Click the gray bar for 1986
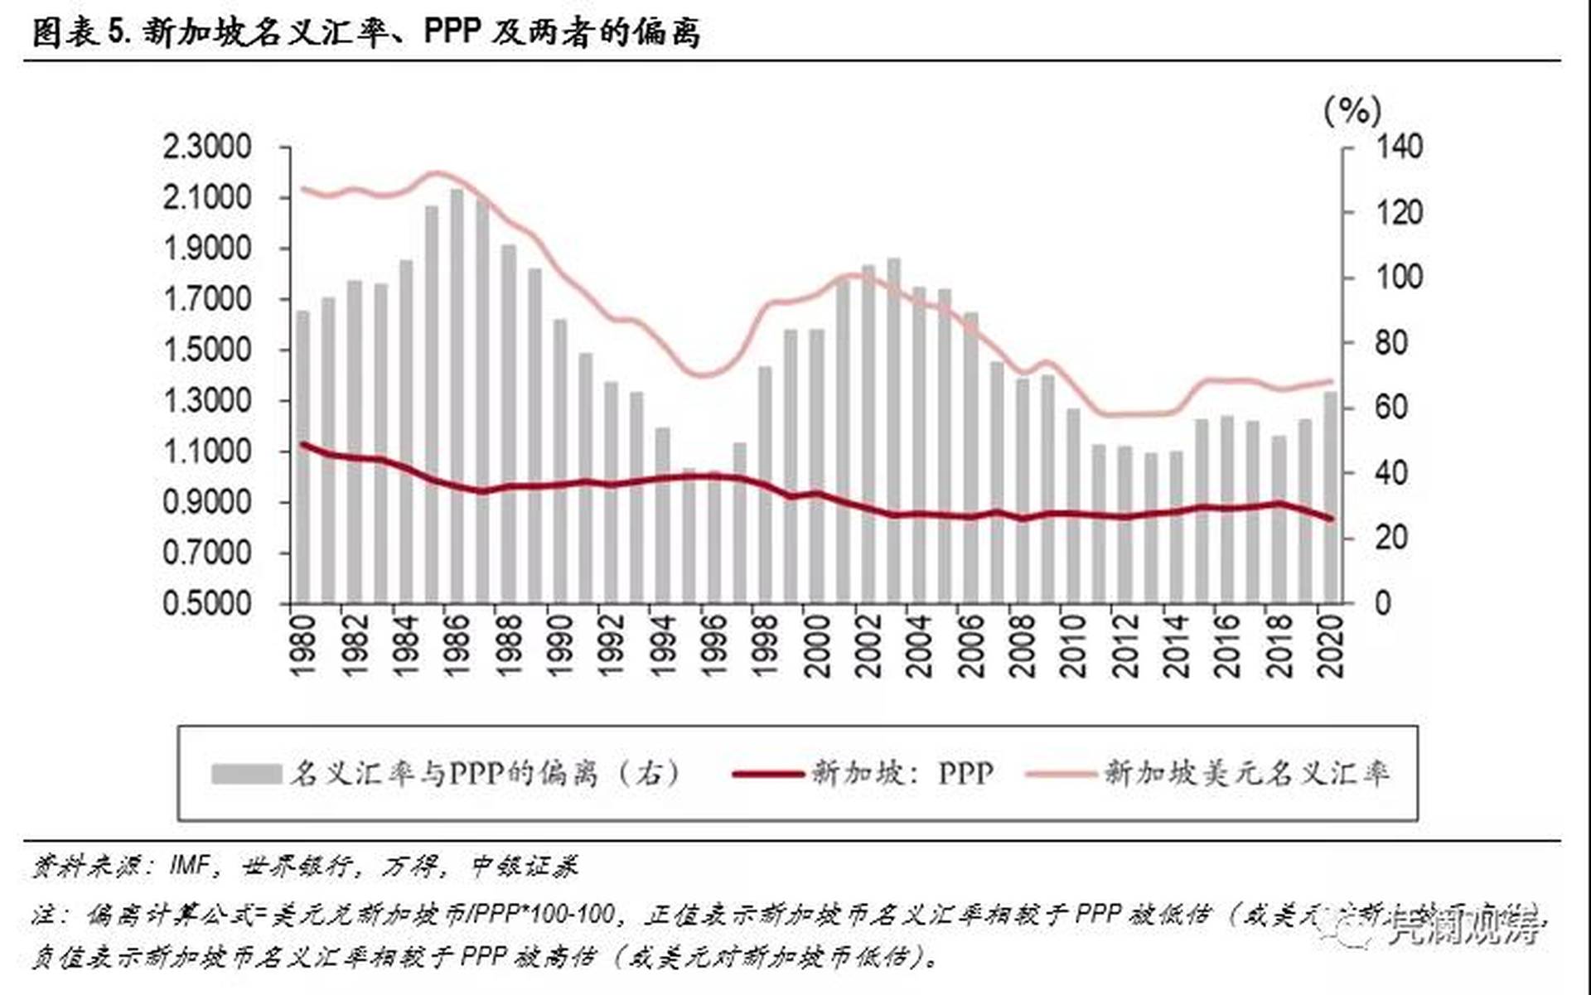point(457,398)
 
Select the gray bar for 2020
point(1331,497)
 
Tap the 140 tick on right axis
point(1399,147)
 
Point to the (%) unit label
point(1352,109)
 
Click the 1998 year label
point(765,646)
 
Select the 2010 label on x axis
point(1073,646)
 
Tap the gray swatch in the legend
point(246,774)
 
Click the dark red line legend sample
point(767,774)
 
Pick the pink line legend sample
point(1061,774)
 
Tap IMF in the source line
point(190,866)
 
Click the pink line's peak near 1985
point(437,173)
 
